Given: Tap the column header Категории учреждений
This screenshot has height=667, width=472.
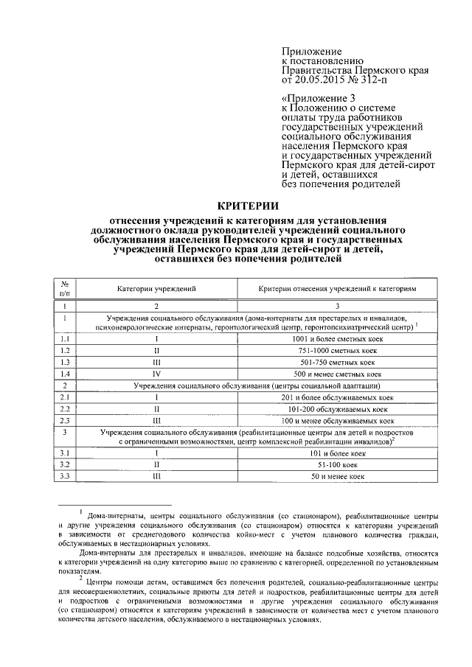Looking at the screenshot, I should click(x=156, y=290).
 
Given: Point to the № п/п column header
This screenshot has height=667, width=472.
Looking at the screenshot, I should click(x=65, y=290).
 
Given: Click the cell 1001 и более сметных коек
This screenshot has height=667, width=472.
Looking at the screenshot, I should click(x=338, y=338).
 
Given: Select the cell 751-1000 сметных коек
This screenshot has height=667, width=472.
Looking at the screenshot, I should click(x=338, y=350).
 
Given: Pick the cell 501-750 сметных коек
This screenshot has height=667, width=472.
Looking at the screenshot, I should click(x=338, y=362).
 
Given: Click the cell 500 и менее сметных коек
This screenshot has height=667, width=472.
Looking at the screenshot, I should click(x=338, y=374).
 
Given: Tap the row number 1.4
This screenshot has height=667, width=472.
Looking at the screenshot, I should click(x=65, y=374).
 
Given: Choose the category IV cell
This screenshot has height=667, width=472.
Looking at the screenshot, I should click(x=156, y=374).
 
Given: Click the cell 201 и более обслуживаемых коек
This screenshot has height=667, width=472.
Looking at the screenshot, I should click(x=338, y=397).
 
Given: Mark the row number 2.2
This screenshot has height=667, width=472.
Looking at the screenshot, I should click(x=65, y=409).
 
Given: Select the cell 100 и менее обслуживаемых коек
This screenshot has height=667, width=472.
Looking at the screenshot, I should click(x=338, y=421).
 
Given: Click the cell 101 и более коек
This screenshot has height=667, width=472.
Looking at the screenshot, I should click(x=338, y=453).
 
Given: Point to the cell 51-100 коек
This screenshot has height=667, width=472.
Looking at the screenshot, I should click(x=338, y=465).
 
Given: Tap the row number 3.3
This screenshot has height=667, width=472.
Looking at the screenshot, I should click(x=65, y=477).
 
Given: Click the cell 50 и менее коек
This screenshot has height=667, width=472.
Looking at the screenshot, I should click(x=338, y=477).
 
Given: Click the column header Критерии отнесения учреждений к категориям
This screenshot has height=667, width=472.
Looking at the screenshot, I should click(x=338, y=290).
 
